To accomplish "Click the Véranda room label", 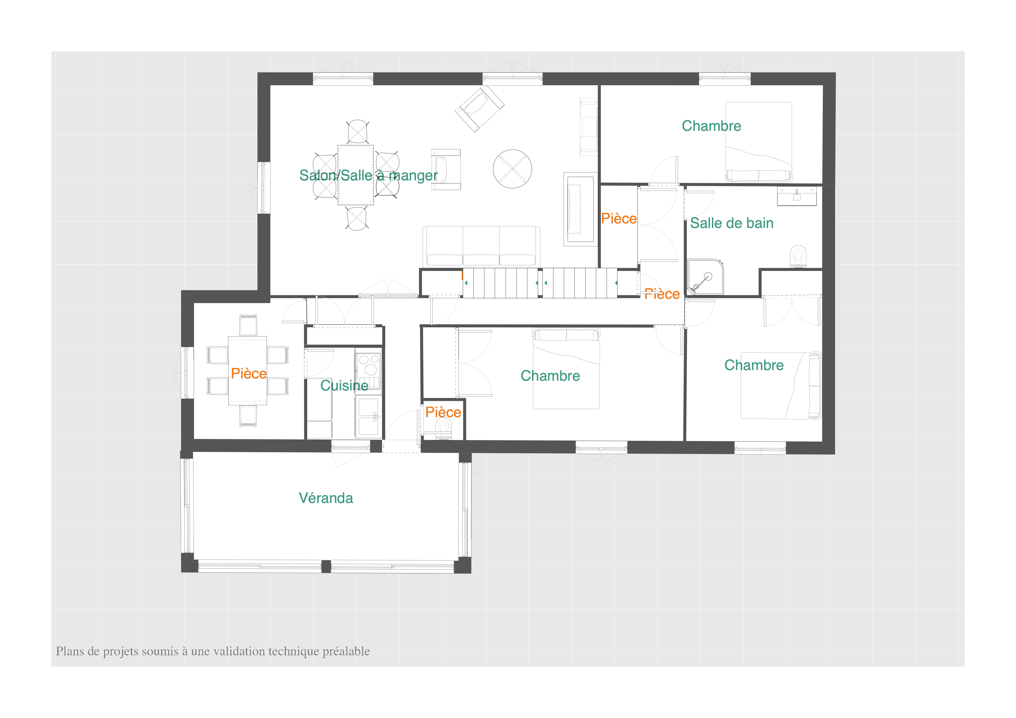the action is pyautogui.click(x=326, y=498).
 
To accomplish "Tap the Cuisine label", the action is pyautogui.click(x=344, y=385).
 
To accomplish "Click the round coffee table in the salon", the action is pyautogui.click(x=513, y=169).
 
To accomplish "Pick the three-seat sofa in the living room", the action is pyautogui.click(x=482, y=246).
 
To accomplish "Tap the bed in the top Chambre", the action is pyautogui.click(x=758, y=141).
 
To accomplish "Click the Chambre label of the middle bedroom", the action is pyautogui.click(x=550, y=376).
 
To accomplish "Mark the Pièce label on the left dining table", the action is pyautogui.click(x=249, y=373).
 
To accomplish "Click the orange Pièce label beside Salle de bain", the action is pyautogui.click(x=619, y=218).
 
